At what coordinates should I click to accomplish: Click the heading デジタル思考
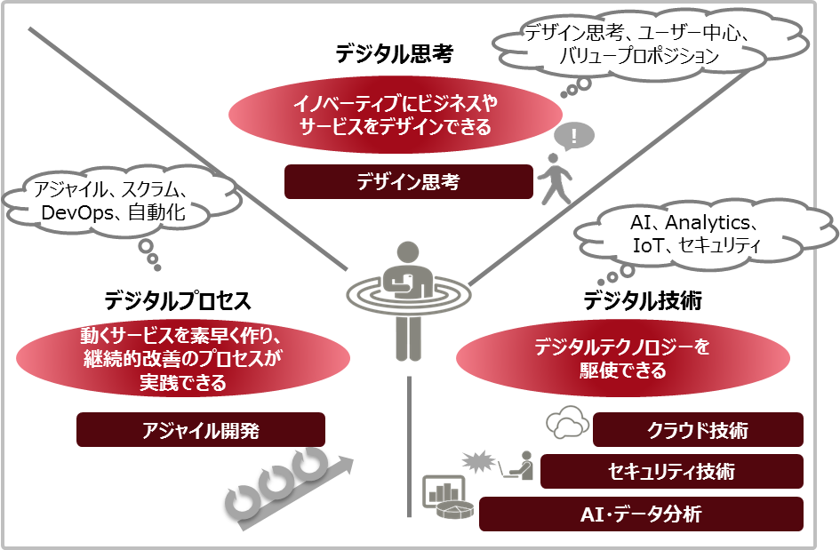(395, 55)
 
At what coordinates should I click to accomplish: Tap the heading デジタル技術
(643, 300)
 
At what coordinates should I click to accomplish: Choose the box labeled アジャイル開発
(201, 430)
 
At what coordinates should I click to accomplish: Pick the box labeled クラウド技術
(698, 431)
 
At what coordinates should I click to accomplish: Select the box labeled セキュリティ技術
(671, 471)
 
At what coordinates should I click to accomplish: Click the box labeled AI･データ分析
(641, 514)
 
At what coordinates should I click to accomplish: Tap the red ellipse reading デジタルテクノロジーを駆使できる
(622, 358)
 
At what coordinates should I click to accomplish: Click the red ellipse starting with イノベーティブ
(395, 116)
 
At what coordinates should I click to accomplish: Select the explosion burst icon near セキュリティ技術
(477, 462)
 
